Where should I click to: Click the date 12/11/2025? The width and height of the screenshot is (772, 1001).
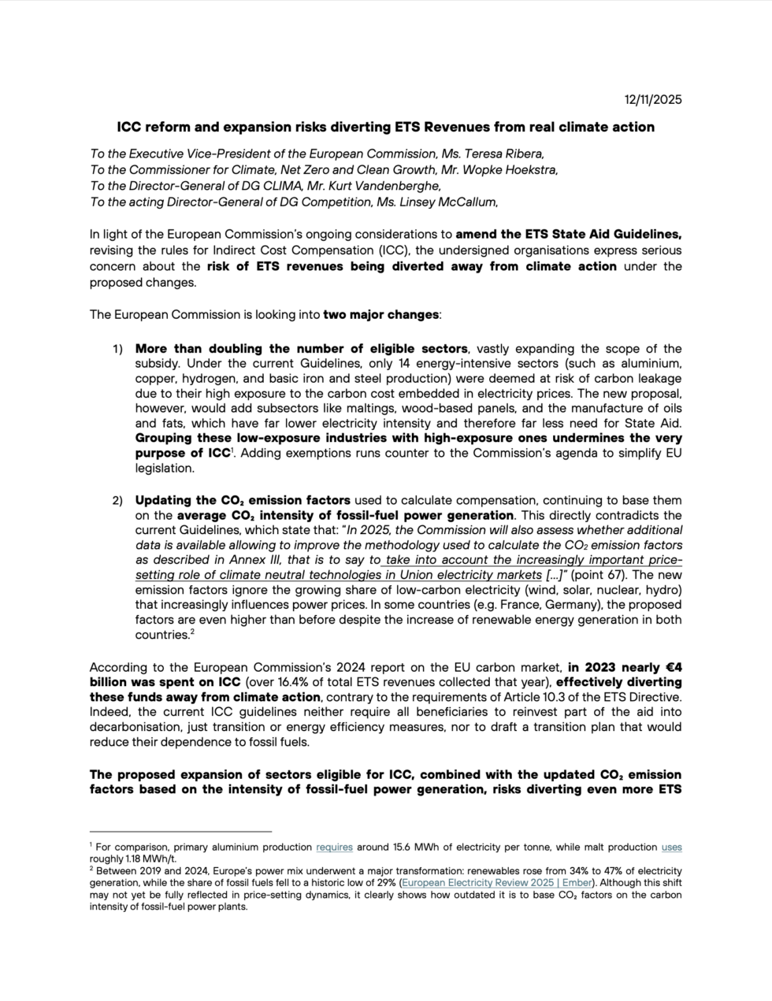point(652,99)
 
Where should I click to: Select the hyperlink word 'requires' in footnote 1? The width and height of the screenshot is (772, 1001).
point(334,847)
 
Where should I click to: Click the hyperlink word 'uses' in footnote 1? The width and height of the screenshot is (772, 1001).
point(671,847)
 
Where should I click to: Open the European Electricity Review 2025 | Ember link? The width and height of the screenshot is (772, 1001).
point(495,883)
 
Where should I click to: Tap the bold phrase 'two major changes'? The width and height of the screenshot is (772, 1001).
point(380,314)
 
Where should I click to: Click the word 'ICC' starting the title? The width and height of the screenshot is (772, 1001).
point(129,127)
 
